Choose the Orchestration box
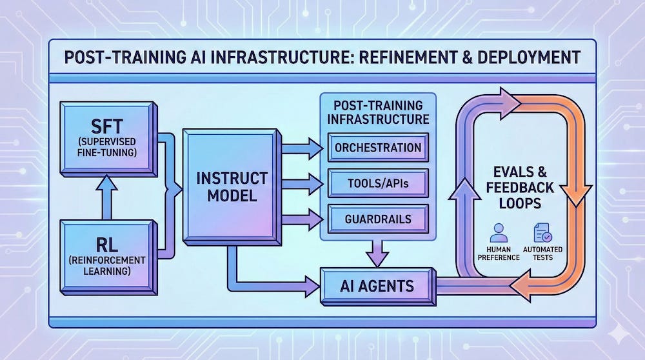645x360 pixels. click(378, 148)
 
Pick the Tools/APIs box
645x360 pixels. click(378, 185)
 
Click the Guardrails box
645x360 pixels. click(378, 219)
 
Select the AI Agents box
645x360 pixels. click(378, 284)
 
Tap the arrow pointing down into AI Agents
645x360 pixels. click(378, 252)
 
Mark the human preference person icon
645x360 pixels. click(497, 232)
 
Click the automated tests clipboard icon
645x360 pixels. click(540, 232)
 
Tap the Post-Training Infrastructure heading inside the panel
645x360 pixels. click(377, 112)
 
